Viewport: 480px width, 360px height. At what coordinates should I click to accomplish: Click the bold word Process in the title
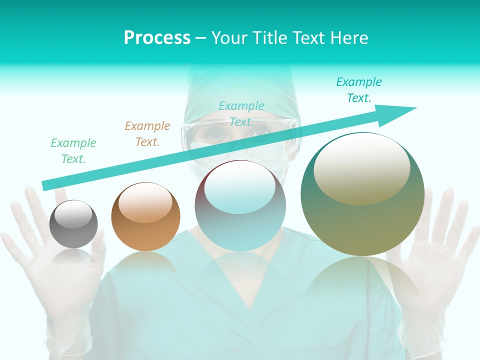click(157, 37)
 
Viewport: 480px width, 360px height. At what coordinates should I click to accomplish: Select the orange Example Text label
click(147, 134)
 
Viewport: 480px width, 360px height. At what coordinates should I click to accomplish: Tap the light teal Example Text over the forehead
click(241, 114)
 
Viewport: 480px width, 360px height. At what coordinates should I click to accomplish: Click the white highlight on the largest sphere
click(361, 167)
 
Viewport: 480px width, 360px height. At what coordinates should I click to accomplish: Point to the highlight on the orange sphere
click(145, 201)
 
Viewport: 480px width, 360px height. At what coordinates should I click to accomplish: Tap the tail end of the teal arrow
click(46, 185)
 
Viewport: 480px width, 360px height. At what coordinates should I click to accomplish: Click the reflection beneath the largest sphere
click(362, 280)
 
